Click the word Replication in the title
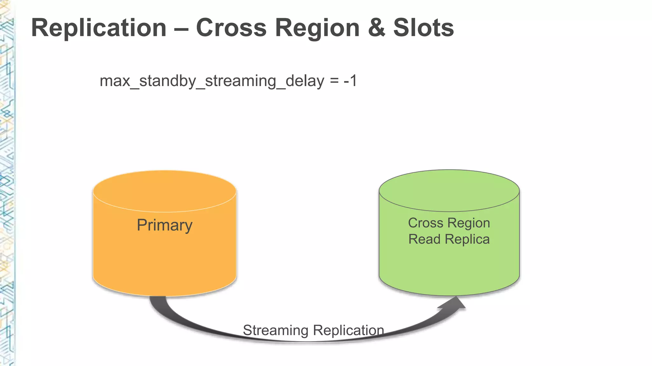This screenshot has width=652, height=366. point(99,28)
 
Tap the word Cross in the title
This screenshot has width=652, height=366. point(231,28)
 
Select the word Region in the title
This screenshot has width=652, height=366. point(317,28)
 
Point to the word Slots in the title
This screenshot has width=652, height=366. point(423,28)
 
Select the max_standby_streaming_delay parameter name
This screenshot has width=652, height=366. point(212,81)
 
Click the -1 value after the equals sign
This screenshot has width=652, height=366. point(350,81)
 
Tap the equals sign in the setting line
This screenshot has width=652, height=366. point(334,81)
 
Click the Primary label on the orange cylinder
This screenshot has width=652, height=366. point(165,225)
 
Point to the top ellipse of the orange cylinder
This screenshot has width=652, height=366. point(165,191)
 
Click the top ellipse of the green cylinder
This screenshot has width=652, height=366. point(449,190)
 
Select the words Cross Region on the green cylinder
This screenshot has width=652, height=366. point(449,223)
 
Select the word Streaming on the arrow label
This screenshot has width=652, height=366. point(276,330)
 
